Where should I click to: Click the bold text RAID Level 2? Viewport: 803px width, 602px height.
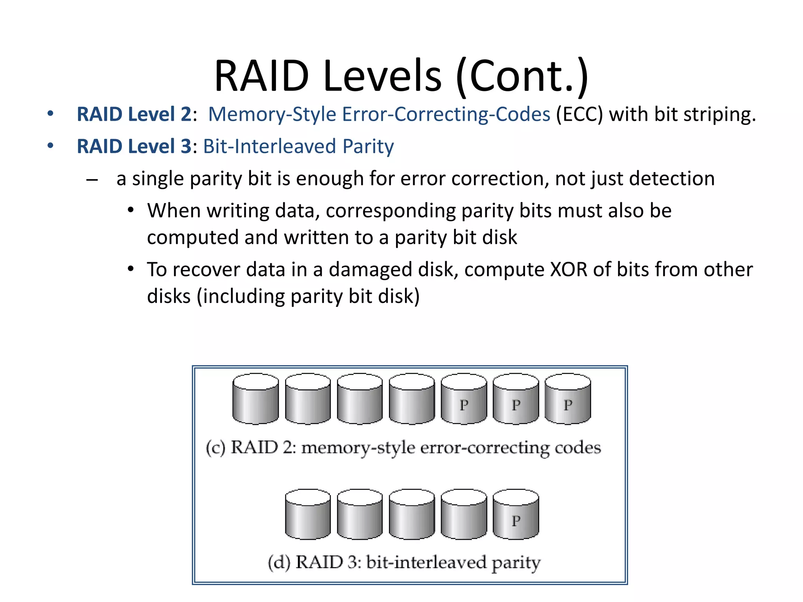(134, 114)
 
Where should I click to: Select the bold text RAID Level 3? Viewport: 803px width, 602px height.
(134, 147)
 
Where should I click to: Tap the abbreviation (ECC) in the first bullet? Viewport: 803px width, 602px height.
(579, 114)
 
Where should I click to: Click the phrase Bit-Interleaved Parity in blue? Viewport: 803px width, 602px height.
(298, 147)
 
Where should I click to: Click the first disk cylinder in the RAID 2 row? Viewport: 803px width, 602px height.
(256, 399)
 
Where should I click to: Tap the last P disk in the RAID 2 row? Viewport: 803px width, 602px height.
(568, 399)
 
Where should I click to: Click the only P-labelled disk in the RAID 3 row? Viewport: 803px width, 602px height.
(516, 515)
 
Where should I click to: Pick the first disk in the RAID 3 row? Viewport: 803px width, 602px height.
(308, 515)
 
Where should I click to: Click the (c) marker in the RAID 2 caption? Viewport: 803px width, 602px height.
(215, 448)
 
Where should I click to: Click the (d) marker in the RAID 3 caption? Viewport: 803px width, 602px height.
(279, 562)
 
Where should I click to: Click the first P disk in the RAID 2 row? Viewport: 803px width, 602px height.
(464, 399)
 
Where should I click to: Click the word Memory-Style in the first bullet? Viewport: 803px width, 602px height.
(272, 114)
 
